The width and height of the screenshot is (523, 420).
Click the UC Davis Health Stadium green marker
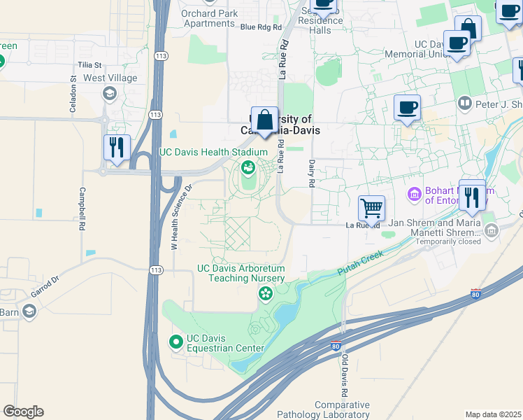pos(248,167)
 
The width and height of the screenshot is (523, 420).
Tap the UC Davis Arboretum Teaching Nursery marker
pos(265,294)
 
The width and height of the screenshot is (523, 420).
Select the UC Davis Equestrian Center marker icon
pos(175,341)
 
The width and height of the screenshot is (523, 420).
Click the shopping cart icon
pos(371,207)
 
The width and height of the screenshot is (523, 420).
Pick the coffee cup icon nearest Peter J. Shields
pos(407,108)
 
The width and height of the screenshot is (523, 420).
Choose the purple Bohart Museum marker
pos(414,193)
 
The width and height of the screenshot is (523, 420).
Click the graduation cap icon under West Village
pos(109,93)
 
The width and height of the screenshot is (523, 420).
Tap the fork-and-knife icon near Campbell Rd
pos(116,148)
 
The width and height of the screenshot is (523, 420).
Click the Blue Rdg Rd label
pos(260,27)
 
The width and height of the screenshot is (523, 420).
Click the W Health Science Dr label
pos(181,217)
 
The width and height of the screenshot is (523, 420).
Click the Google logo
pos(23,412)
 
